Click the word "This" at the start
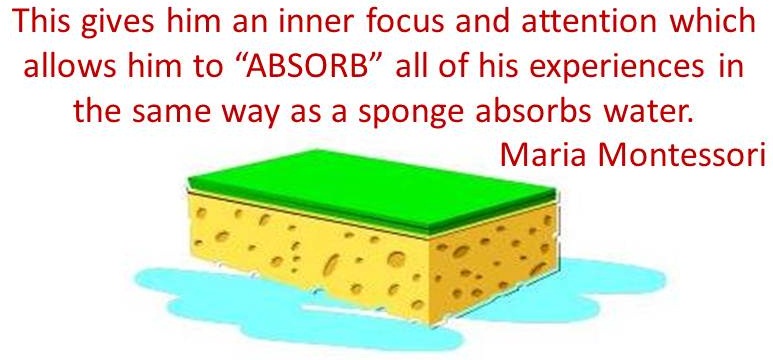42,22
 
